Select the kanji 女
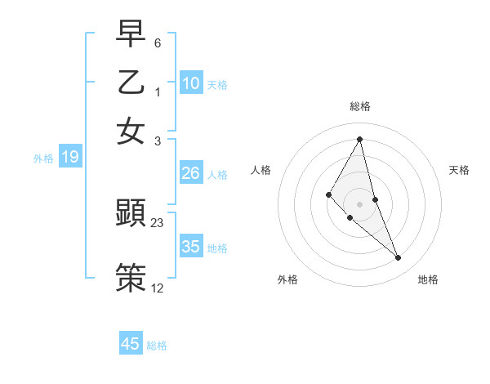click(x=131, y=131)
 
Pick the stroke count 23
click(x=158, y=222)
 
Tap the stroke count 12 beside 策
click(x=158, y=288)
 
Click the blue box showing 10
click(x=191, y=83)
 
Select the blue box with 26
click(x=190, y=173)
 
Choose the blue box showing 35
click(x=191, y=247)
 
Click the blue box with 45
click(x=131, y=344)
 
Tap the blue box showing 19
click(x=70, y=158)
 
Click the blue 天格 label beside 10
click(x=217, y=85)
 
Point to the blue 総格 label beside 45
click(x=157, y=346)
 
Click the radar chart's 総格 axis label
click(x=360, y=106)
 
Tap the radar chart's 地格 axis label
click(x=428, y=280)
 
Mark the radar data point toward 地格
click(x=399, y=258)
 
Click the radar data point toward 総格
click(x=360, y=139)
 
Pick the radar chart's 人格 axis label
click(x=261, y=170)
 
